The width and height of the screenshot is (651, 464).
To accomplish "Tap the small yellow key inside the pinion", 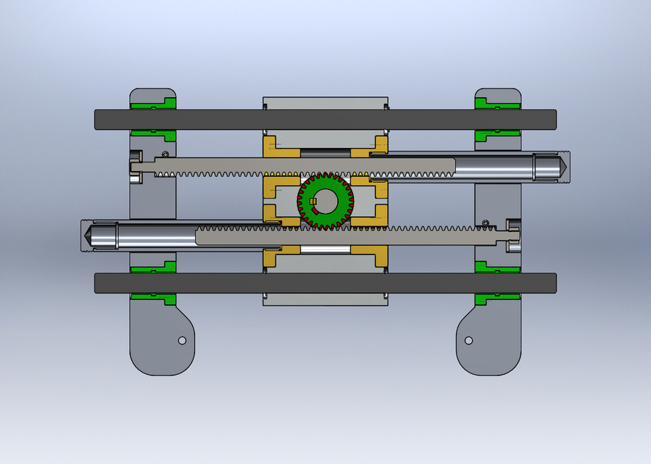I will click(x=312, y=202).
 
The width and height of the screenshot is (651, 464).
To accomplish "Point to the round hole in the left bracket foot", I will click(x=182, y=340).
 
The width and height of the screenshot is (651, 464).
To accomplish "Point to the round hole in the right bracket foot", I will click(x=468, y=340).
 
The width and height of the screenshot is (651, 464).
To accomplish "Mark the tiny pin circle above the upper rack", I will click(x=166, y=154).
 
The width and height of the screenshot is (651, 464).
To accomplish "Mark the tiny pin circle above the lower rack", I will click(x=484, y=222).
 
